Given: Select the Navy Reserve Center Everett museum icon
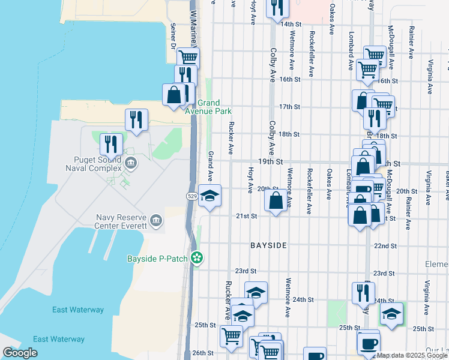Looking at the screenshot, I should [157, 221].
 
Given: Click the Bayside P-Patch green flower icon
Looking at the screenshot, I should [196, 259].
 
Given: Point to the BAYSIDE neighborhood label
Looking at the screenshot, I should [269, 246].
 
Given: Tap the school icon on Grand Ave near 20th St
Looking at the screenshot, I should [210, 196].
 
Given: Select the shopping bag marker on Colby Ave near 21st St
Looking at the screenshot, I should [276, 200].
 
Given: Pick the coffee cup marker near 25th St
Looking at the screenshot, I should [369, 343].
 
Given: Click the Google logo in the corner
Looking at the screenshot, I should [20, 353].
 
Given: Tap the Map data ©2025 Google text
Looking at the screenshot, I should [412, 355].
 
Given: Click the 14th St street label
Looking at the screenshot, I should [291, 24].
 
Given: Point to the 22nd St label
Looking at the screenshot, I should [385, 246].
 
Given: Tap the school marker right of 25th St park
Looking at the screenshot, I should [391, 314].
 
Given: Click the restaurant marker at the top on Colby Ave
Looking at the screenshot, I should [277, 7].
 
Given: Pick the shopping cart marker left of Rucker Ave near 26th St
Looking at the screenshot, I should [231, 337].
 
